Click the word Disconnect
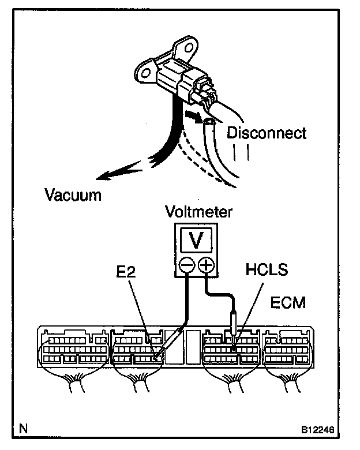266,133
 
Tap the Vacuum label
73,194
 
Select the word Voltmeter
198,212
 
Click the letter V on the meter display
196,239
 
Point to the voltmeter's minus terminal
186,266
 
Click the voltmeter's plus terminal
205,266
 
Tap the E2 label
126,271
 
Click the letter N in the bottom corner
23,429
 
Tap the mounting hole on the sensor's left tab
144,73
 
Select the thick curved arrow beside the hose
194,118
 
